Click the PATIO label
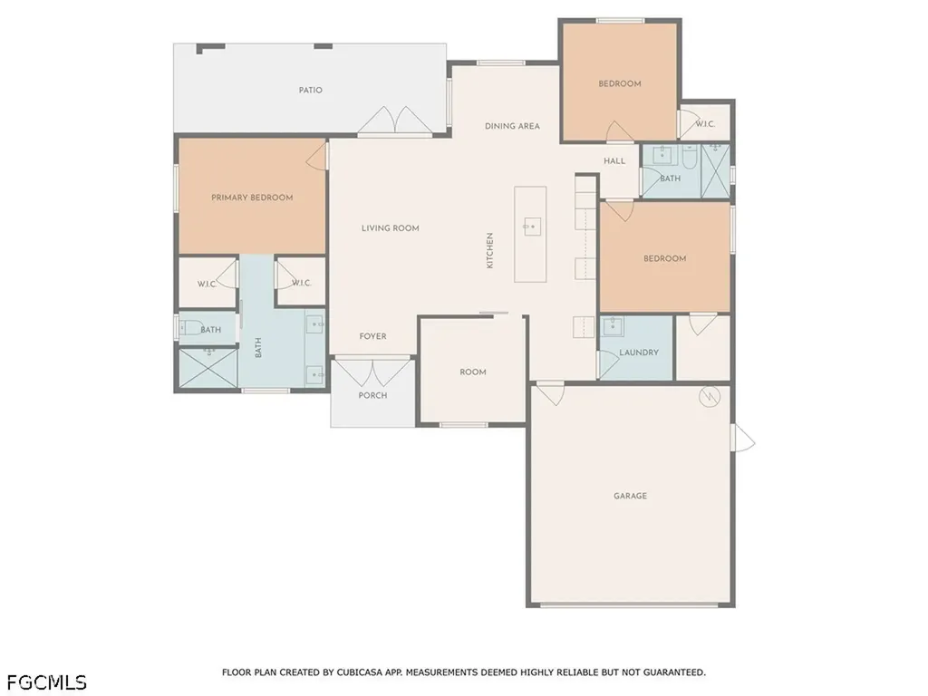coord(310,90)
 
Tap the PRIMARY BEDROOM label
coord(252,198)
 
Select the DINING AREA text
coord(512,126)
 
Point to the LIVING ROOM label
coord(390,227)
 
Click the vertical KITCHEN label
coord(489,250)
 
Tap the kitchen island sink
coord(530,226)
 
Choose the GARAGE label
coord(630,496)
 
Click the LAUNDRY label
coord(639,353)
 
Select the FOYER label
coord(372,336)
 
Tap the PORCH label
coord(372,395)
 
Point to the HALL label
coord(614,161)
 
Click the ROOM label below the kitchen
coord(473,372)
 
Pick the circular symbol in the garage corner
coord(709,397)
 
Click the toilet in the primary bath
coord(190,327)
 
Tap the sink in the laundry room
coord(613,325)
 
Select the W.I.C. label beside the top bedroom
coord(705,124)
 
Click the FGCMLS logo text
coord(43,682)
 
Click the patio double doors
coord(395,121)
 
